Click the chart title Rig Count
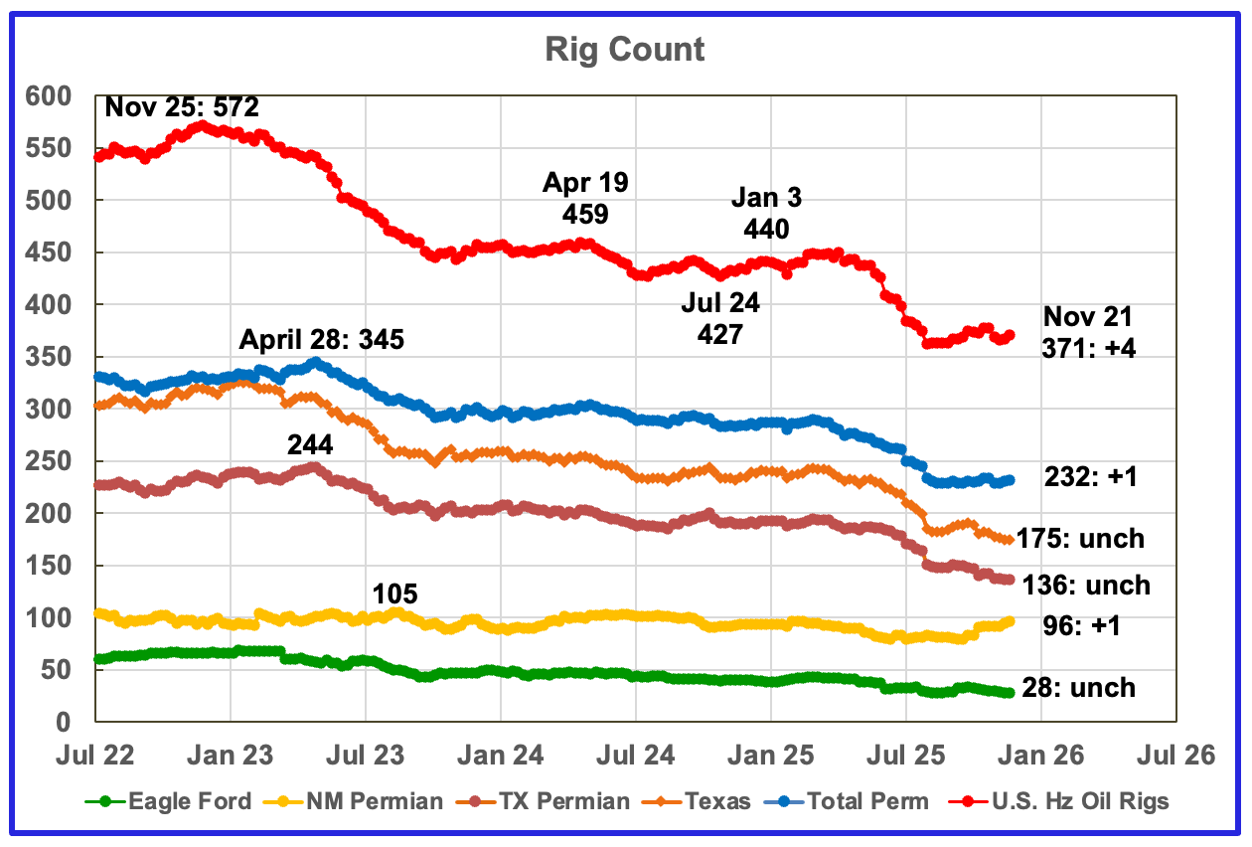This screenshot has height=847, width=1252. [x=624, y=50]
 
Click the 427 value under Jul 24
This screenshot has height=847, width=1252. [x=719, y=335]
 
